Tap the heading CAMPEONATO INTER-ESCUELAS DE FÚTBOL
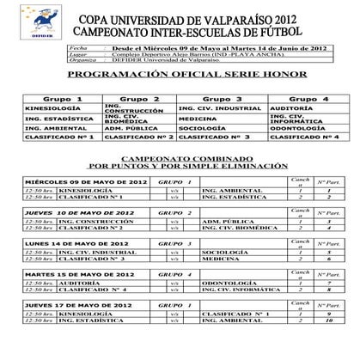click(x=196, y=33)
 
